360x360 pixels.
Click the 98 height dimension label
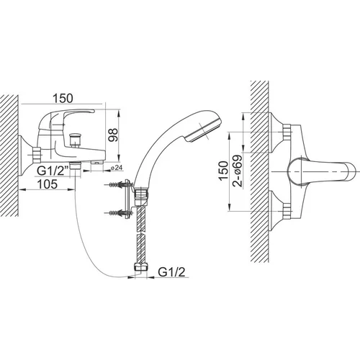pos(114,135)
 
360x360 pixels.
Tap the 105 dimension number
pos(48,184)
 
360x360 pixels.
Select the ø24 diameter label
pos(117,168)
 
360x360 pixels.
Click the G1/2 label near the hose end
pos(171,272)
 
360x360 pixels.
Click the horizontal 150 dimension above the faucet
pos(63,98)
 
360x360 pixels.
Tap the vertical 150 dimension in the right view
pos(223,171)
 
